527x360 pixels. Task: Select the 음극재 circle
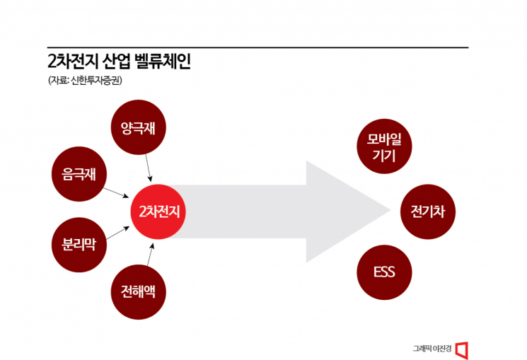[79, 172]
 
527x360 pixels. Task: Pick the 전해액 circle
[138, 290]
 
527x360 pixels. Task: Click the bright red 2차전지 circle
[158, 211]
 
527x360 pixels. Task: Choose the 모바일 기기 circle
[384, 147]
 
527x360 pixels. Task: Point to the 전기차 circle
[427, 211]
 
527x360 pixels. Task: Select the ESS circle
[384, 272]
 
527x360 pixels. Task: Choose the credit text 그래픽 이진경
[431, 349]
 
